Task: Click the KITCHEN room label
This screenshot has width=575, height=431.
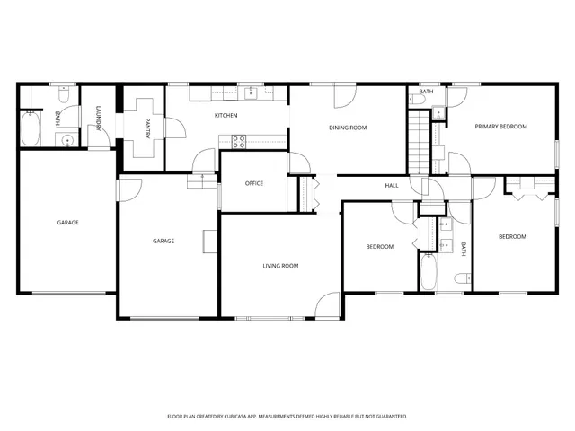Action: (226, 116)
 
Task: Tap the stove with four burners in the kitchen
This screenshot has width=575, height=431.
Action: (240, 140)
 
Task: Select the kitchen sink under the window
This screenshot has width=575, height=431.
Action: (252, 93)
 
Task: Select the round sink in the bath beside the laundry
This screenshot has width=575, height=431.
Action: (66, 141)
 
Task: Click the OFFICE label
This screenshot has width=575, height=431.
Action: (254, 183)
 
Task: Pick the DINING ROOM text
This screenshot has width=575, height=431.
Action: (348, 128)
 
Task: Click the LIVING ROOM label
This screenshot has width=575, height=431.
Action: (280, 266)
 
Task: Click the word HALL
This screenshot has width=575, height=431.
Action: (392, 186)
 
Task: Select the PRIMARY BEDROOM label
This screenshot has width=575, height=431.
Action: (500, 127)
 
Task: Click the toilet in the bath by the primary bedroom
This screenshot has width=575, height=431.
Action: (438, 112)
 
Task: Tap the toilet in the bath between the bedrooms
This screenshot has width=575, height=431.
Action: (461, 278)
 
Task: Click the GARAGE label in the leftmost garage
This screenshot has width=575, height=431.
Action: (68, 222)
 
